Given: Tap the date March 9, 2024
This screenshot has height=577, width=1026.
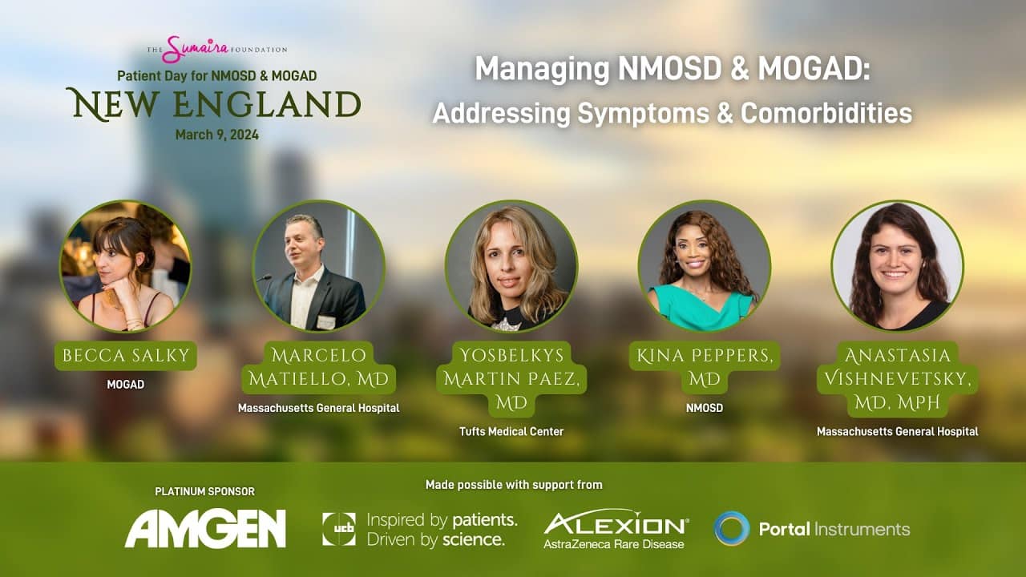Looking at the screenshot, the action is pos(217,135).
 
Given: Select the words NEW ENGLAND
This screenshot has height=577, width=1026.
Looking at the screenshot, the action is pos(214,105).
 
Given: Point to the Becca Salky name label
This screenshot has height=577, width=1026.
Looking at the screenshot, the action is pos(126,355).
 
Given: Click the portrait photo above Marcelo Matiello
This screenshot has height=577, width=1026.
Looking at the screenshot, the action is pos(319,266).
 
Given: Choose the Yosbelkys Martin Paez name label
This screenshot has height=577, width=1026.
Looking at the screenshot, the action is pos(511,379).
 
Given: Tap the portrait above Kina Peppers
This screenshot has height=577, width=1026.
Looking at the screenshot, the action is pos(705,266).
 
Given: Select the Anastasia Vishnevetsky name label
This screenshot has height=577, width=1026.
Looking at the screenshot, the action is pos(898,379).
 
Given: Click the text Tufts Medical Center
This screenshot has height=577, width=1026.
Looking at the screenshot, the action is pos(511,431).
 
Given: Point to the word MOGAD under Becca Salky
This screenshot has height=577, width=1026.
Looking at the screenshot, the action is pos(126,384).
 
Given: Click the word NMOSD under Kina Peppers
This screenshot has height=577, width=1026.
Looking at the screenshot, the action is pos(705,408).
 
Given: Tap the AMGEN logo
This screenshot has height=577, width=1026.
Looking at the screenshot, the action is pos(205,528).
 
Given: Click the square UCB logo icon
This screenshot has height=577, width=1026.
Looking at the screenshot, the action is pos(339,529).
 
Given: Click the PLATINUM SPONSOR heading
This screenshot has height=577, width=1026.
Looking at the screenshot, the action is pos(204,491).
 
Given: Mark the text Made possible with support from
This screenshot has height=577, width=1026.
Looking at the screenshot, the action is pos(514,485).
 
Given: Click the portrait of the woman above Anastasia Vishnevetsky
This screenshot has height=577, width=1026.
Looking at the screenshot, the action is pos(898,266).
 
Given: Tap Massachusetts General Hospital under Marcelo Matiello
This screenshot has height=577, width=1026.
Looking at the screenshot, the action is pos(319,408).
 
